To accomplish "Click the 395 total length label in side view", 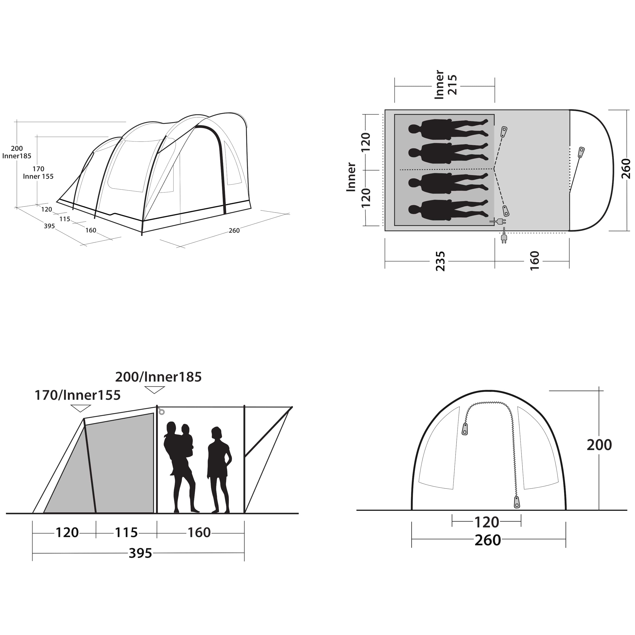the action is tap(140, 553).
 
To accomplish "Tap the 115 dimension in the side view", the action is tap(126, 532).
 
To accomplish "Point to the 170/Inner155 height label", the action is tap(77, 395).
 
